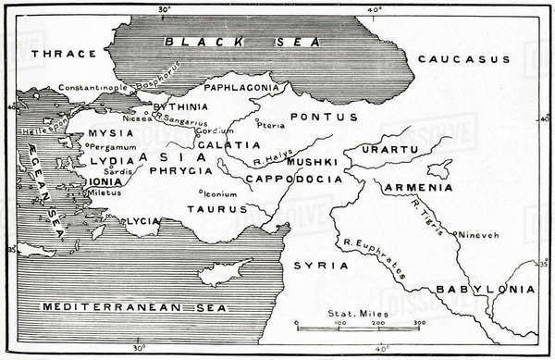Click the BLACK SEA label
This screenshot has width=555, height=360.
[x=240, y=42]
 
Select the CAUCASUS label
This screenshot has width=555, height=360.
[x=463, y=58]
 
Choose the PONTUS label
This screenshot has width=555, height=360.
[x=317, y=117]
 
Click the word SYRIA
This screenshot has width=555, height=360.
[x=314, y=265]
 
